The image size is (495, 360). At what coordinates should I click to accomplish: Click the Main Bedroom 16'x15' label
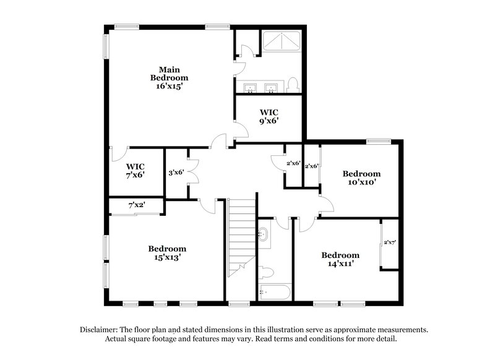coord(169,78)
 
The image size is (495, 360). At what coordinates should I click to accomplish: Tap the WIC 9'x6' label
coord(269,116)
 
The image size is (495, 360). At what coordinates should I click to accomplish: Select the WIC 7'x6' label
coord(136,171)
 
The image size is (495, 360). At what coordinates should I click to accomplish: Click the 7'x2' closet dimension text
coord(136,205)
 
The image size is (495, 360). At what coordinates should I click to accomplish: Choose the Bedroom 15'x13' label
coord(167,253)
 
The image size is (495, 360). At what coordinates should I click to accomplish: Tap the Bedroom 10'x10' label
coord(362,178)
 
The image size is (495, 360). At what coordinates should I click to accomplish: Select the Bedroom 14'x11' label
coord(340,259)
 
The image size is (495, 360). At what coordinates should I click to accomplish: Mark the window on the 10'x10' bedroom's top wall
coord(376,141)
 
